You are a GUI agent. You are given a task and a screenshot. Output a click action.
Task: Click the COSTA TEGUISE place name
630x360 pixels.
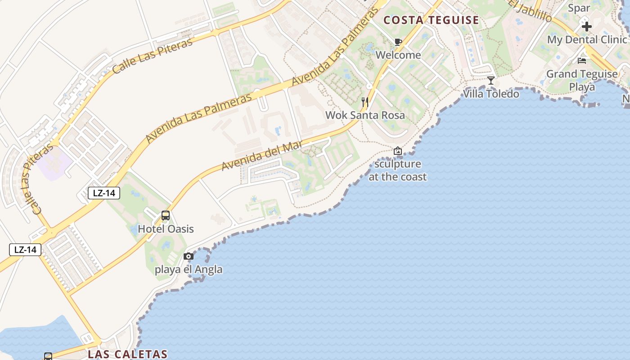point(431,20)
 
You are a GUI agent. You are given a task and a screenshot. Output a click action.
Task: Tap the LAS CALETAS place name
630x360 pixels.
point(127,354)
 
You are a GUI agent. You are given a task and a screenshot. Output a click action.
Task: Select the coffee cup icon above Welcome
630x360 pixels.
point(398,42)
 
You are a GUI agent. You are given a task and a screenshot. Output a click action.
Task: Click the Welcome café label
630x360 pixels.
point(398,55)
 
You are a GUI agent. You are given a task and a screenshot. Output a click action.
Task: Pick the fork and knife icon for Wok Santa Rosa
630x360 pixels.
point(365,102)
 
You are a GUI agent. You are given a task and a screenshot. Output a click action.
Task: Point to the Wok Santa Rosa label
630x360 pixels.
point(365,115)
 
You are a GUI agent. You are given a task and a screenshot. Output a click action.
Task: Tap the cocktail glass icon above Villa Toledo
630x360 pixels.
point(491,81)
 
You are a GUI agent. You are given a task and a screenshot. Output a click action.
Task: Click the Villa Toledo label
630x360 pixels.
point(491,94)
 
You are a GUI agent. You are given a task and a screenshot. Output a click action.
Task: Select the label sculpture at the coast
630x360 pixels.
point(398,170)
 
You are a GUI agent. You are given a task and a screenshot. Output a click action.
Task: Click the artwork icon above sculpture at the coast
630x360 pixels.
point(398,151)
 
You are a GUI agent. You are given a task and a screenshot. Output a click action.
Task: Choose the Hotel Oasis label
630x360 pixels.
point(166,229)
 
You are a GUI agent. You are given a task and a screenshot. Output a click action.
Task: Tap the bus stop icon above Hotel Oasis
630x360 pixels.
point(166,216)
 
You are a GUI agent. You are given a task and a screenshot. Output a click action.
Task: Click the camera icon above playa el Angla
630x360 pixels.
point(189,256)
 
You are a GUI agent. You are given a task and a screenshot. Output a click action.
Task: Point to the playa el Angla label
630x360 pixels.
point(189,270)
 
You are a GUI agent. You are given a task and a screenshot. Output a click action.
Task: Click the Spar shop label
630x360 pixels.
point(579,8)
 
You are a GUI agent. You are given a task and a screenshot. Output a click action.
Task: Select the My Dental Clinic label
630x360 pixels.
point(587,40)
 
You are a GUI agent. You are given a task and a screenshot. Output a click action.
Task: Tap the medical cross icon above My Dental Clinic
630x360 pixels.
point(586,27)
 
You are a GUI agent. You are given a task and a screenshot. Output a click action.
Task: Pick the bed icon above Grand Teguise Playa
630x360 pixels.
point(582,61)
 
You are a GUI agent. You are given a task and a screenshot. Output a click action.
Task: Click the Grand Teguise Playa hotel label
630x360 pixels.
point(582,80)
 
